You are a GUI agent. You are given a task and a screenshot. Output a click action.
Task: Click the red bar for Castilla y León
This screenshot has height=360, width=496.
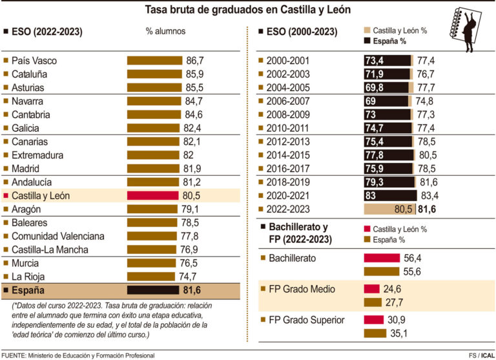[x=152, y=195]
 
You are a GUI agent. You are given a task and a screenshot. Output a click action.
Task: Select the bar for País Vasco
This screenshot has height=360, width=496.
[x=155, y=60]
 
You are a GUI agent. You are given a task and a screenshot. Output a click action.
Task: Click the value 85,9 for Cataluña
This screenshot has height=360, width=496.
[x=195, y=74]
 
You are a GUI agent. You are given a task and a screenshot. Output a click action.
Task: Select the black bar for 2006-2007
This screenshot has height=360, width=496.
[x=386, y=101]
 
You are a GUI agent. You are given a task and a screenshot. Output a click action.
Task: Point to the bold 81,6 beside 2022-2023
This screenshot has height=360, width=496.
[x=428, y=209]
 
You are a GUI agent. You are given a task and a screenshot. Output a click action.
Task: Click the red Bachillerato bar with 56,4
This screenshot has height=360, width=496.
[x=382, y=258]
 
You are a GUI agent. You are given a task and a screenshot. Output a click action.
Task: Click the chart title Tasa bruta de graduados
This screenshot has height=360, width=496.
[x=248, y=10]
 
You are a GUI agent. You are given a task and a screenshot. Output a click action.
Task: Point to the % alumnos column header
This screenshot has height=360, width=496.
[x=166, y=31]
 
